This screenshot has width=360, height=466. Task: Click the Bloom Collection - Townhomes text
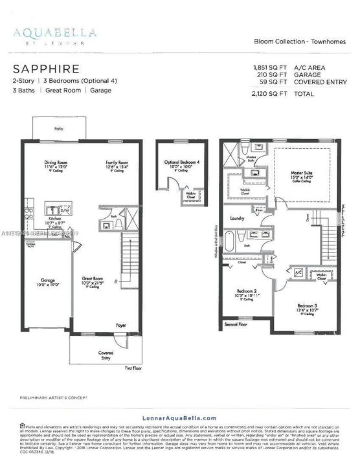coord(301,41)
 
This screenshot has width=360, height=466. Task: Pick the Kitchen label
coord(55,219)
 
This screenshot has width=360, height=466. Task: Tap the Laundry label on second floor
coord(237,219)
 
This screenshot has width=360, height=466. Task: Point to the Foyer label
coord(121,325)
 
